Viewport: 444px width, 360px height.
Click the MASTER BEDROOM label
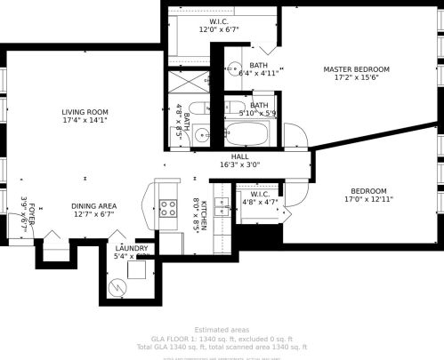(x=356, y=69)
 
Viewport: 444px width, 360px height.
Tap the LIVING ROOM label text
(x=85, y=112)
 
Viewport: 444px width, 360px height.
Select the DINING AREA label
(x=94, y=206)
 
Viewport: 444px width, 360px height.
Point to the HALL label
(x=240, y=156)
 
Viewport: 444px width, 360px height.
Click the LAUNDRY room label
(x=132, y=248)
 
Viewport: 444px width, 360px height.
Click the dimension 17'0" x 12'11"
(x=367, y=199)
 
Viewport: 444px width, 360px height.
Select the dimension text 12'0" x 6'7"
(x=220, y=29)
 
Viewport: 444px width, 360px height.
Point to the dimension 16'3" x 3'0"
(x=240, y=164)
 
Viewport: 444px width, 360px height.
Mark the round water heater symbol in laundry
(x=118, y=287)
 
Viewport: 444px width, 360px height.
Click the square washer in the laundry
(x=136, y=270)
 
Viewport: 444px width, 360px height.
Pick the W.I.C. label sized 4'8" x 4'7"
(x=260, y=194)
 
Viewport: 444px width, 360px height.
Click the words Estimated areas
(x=221, y=329)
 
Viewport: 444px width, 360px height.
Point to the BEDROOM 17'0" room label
(x=367, y=190)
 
